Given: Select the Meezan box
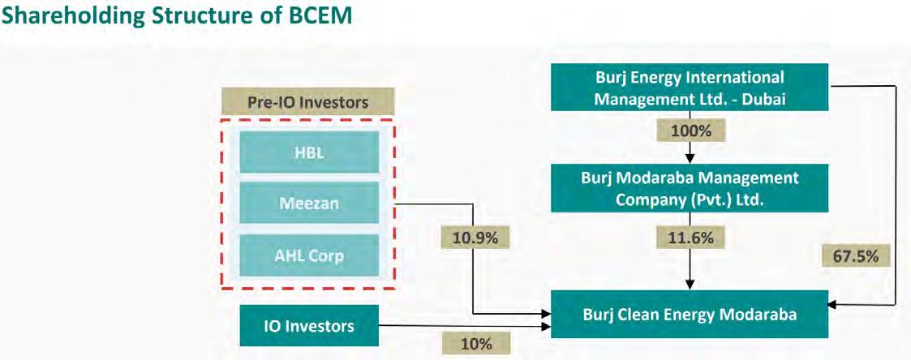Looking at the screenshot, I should pyautogui.click(x=308, y=204).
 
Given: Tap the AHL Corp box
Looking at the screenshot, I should pyautogui.click(x=308, y=255).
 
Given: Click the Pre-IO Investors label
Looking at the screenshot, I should pyautogui.click(x=307, y=103).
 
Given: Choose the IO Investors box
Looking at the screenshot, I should pyautogui.click(x=309, y=327).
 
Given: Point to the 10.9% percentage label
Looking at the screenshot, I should pyautogui.click(x=475, y=238).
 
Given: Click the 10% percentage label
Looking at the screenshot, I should pyautogui.click(x=476, y=344).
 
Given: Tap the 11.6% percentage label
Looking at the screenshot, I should pyautogui.click(x=690, y=238).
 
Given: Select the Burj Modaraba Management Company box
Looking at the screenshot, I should pyautogui.click(x=690, y=186).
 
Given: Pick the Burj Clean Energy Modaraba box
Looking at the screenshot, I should pyautogui.click(x=690, y=315).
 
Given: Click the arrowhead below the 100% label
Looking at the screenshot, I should pyautogui.click(x=690, y=158).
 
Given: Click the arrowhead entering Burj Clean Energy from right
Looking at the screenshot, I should pyautogui.click(x=834, y=304).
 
